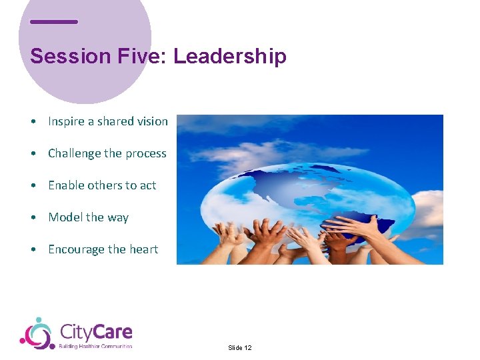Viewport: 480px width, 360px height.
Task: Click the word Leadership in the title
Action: click(230, 57)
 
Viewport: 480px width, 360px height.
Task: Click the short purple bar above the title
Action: click(54, 22)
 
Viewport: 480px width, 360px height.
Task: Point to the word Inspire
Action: click(66, 121)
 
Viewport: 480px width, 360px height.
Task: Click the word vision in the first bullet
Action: click(153, 121)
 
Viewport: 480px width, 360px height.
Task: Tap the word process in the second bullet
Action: click(145, 154)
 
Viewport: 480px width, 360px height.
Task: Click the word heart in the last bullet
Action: click(144, 249)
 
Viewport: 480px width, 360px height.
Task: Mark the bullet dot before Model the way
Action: click(33, 218)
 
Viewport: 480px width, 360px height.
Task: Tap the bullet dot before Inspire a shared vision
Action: click(33, 122)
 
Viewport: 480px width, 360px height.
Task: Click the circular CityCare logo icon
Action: click(37, 333)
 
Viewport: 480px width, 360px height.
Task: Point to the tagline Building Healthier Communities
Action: click(95, 346)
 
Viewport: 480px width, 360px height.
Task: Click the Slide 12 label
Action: click(239, 348)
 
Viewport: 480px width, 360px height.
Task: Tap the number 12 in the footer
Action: click(247, 348)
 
